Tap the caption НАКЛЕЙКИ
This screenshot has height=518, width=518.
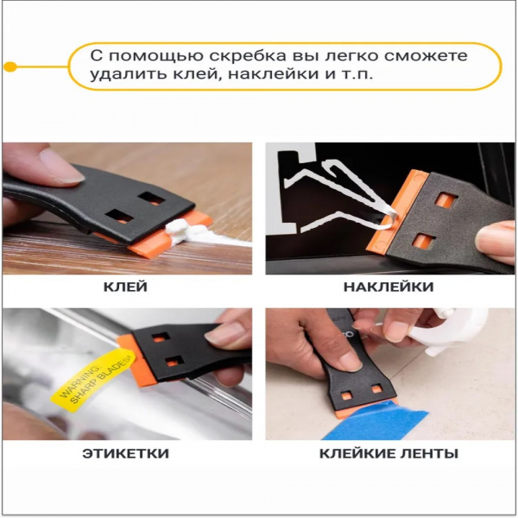click(387, 287)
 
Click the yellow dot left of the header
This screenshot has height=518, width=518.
click(10, 66)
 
